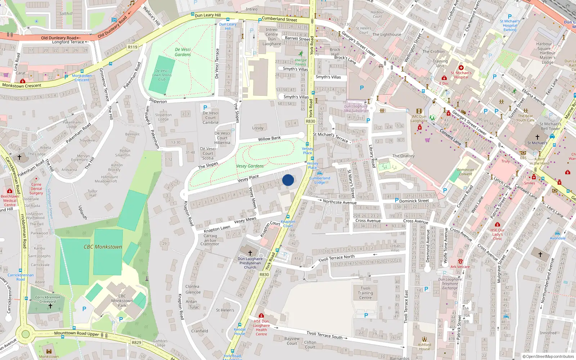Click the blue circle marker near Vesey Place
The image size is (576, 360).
(288, 180)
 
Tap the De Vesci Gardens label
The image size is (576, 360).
(183, 52)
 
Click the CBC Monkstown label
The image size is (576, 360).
(103, 247)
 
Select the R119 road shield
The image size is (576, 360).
(132, 47)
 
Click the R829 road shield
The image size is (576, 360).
(136, 343)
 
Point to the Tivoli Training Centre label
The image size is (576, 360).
(365, 293)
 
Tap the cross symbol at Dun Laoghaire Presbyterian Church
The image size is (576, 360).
(250, 253)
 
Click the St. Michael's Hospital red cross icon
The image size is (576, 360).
(461, 68)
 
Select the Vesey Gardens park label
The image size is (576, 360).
(250, 166)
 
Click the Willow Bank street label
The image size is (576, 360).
(269, 139)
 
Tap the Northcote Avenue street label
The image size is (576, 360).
(339, 202)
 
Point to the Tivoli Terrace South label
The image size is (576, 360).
(324, 335)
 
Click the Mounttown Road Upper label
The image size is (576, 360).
(76, 334)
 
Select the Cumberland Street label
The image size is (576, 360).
(279, 19)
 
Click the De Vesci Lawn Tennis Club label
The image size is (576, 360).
(162, 75)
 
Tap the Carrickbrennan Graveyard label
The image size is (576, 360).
(48, 300)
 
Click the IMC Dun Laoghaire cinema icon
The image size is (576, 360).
(419, 111)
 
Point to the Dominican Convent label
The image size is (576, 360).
(465, 172)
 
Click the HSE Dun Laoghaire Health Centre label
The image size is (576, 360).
(261, 328)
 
